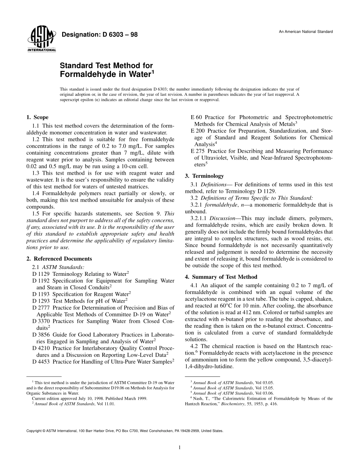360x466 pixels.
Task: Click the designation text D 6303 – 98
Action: pyautogui.click(x=113, y=35)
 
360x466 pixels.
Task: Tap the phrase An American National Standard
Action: pyautogui.click(x=306, y=31)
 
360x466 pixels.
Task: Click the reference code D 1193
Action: pyautogui.click(x=41, y=294)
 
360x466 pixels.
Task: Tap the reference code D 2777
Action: pyautogui.click(x=41, y=308)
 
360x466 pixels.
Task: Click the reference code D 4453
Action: pyautogui.click(x=41, y=362)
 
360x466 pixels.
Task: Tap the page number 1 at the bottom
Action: pyautogui.click(x=180, y=447)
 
